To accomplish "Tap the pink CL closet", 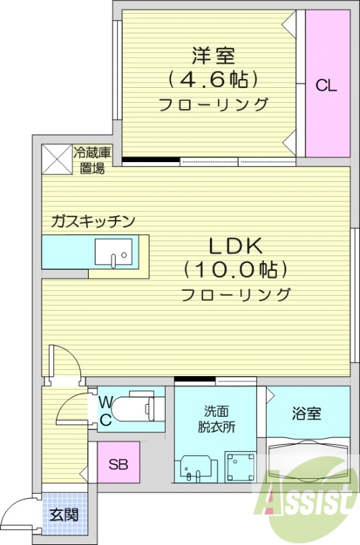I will [326, 84].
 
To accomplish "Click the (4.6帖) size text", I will [213, 80].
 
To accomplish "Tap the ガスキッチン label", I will [94, 221].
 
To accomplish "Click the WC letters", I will [107, 410].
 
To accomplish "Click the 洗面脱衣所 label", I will [217, 420].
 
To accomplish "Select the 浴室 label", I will [307, 414].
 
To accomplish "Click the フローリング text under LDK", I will [236, 296].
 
